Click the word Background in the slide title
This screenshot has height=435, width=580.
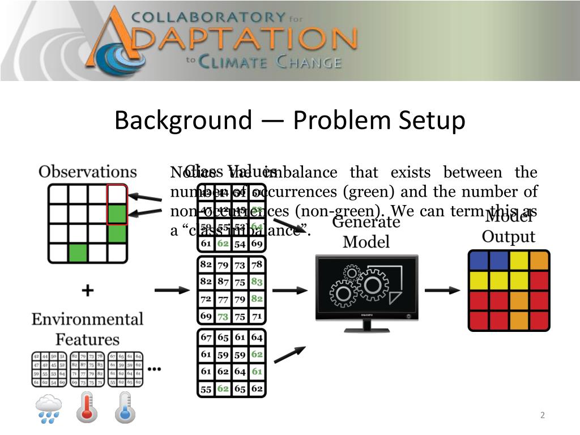tap(183, 121)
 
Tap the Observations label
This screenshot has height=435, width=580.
tap(88, 172)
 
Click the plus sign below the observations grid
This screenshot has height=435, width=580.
tap(87, 291)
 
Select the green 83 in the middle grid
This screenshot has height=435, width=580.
tap(257, 282)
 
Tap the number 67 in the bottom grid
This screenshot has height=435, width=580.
tap(206, 338)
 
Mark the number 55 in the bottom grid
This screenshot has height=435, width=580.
tap(206, 389)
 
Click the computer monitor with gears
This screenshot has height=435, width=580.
tap(366, 292)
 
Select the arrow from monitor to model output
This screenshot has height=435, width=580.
tap(442, 290)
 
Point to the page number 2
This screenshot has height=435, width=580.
tap(542, 415)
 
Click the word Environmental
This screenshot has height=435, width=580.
tap(87, 319)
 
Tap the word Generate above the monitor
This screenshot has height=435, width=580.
tap(366, 222)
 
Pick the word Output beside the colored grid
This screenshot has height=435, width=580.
tap(508, 236)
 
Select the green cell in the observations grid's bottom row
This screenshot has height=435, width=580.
tap(78, 253)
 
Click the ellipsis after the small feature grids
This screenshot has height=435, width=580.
tap(154, 369)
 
